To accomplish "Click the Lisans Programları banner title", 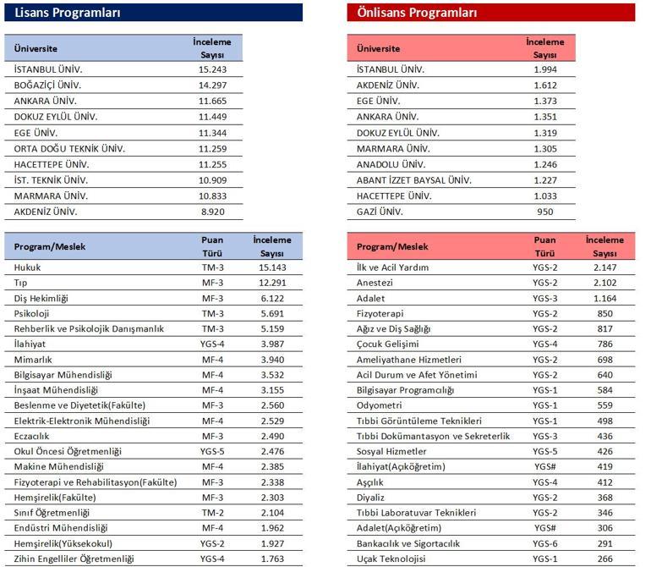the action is [x=68, y=13].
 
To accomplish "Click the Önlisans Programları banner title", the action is [x=417, y=13].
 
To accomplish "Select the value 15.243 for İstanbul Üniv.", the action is [x=212, y=69].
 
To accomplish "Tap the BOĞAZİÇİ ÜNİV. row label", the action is [x=47, y=85].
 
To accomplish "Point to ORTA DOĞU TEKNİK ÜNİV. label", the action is [x=69, y=149].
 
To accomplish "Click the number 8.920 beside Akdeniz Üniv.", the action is [x=212, y=212].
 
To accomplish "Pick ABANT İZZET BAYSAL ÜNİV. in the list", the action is [x=414, y=180].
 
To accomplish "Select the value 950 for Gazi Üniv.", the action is [x=544, y=212].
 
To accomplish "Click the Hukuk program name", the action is [x=27, y=267].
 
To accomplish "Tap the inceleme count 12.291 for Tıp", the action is [x=272, y=283].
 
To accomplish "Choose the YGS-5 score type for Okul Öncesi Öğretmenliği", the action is [x=212, y=451].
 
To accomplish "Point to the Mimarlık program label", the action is [x=33, y=360].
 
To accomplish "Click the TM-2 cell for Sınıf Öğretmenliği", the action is [x=212, y=513].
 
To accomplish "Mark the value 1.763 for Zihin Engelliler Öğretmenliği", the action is [x=272, y=559].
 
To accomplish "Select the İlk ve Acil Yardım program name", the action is [x=392, y=267].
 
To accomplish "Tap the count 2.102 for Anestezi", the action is [x=604, y=283].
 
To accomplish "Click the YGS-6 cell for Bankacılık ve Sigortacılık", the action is [x=544, y=543].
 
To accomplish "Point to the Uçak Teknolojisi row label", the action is [x=391, y=559].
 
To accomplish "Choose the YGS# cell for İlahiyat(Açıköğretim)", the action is [x=544, y=467].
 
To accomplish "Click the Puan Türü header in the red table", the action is [x=544, y=246].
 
